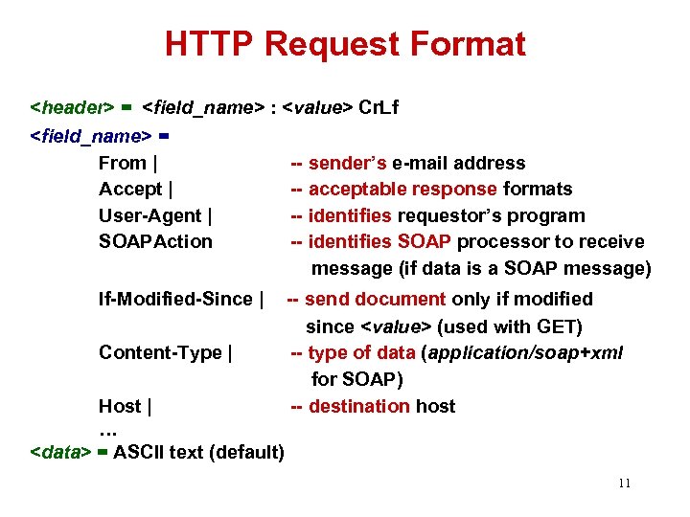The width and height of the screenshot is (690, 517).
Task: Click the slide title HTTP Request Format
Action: coord(345,44)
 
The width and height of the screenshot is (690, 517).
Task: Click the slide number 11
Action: coord(624,483)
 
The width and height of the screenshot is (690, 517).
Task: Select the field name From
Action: coord(123,163)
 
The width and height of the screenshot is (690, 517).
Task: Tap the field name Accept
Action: coord(130,189)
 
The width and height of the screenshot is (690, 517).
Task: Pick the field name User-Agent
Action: coord(149,215)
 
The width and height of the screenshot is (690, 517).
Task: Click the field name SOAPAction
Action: coord(155,241)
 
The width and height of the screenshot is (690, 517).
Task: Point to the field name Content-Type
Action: coord(160,352)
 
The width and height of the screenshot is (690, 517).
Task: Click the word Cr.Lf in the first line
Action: coord(378,108)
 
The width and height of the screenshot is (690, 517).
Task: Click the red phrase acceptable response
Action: coord(402,189)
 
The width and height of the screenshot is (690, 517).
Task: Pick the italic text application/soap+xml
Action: coord(525,352)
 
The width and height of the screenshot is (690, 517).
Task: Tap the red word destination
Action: coord(359,406)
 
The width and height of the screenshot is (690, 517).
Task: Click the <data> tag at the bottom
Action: coord(61,452)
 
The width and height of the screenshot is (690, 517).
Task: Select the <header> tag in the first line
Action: coord(73,108)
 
